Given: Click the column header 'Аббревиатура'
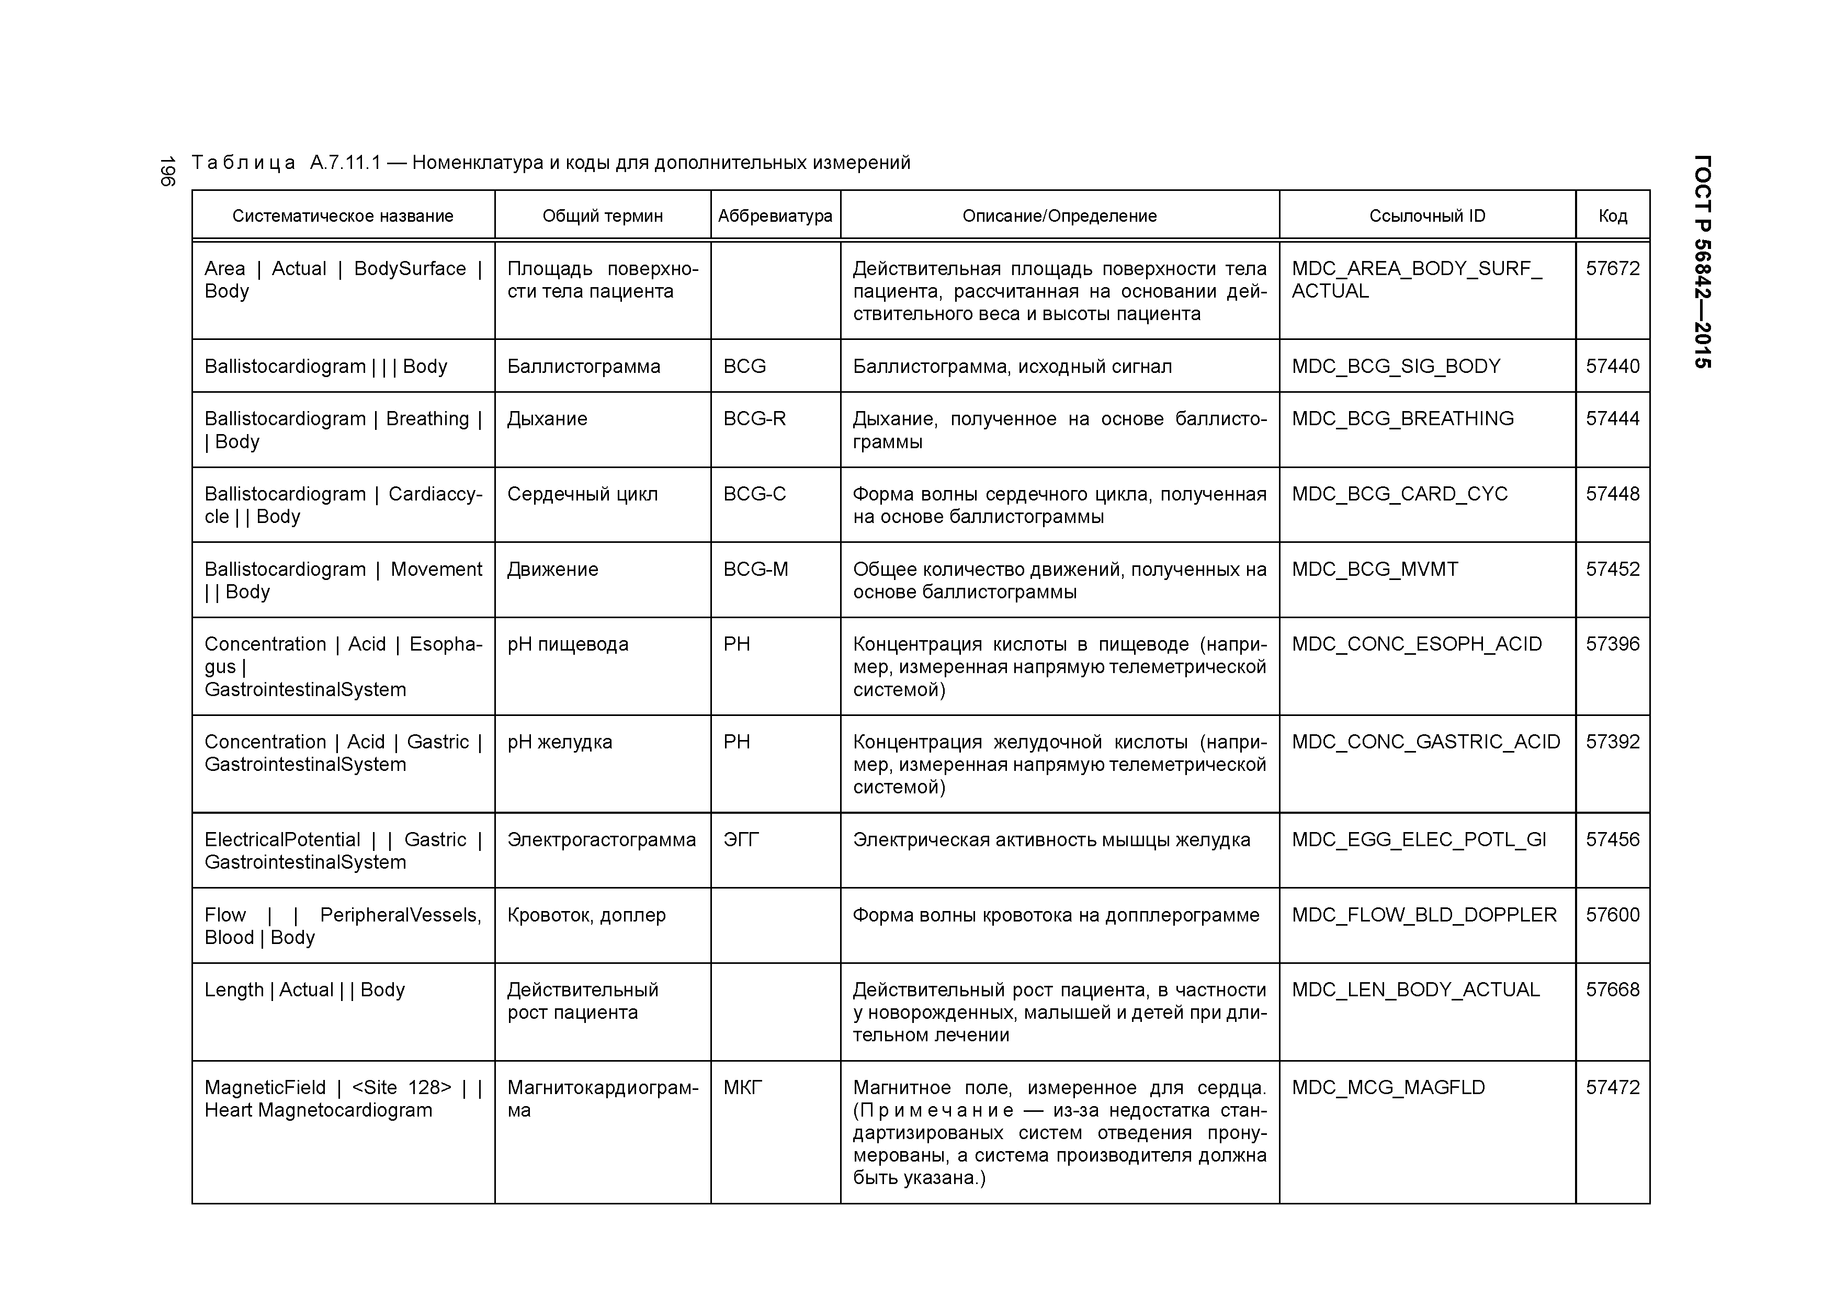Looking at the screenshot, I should click(x=775, y=216).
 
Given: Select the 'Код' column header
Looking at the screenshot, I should click(x=1612, y=216).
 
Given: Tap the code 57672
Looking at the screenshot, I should click(x=1612, y=268).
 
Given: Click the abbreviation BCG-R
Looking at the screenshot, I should click(x=754, y=419).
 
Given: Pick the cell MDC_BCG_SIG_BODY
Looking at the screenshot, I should click(x=1396, y=366).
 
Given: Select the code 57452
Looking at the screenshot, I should click(x=1612, y=569).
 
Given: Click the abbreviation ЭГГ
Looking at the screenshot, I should click(x=740, y=840).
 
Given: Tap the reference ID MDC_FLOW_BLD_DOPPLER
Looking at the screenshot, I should click(x=1423, y=915).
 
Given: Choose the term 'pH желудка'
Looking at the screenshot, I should click(x=560, y=742).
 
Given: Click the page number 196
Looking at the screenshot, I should click(x=167, y=172).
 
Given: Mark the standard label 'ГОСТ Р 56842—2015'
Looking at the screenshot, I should click(x=1702, y=261).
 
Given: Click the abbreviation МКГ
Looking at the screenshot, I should click(x=742, y=1088).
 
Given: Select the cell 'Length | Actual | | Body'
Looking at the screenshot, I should click(x=304, y=990).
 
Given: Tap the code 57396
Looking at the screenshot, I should click(x=1612, y=644).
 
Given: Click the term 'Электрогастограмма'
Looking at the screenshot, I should click(x=601, y=840).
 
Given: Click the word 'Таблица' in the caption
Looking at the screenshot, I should click(x=243, y=163).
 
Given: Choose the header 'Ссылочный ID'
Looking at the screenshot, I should click(x=1426, y=216).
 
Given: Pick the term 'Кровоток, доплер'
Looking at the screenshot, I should click(x=586, y=915).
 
